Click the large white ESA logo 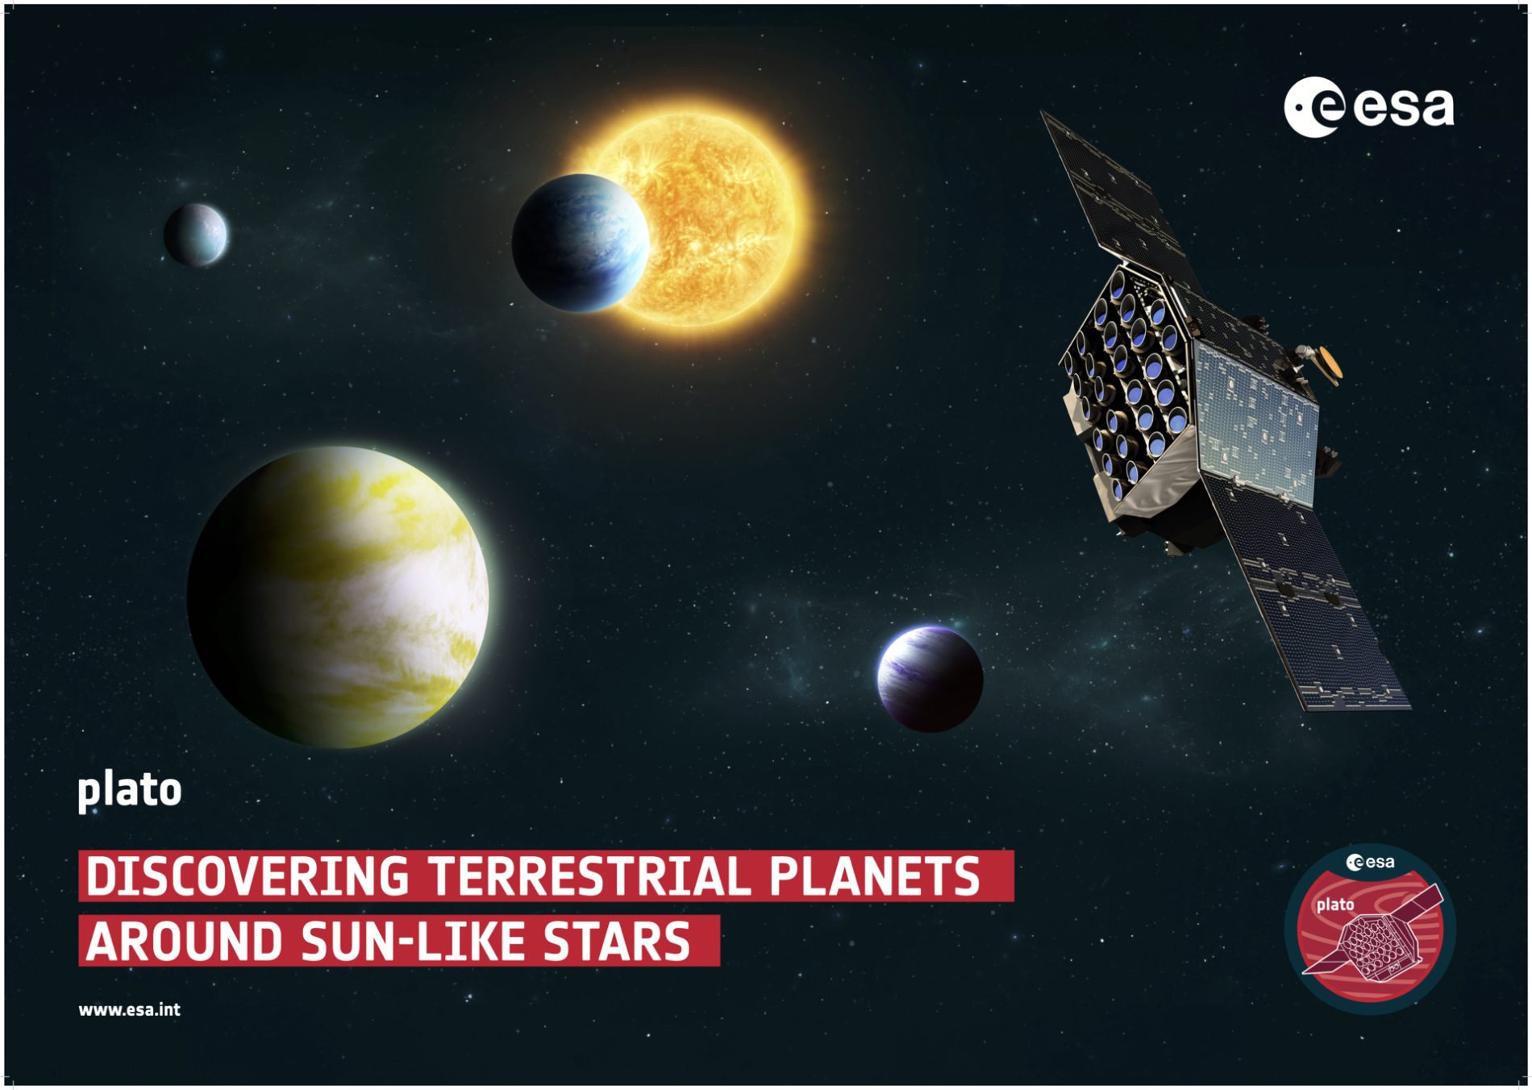[1368, 107]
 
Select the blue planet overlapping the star [580, 243]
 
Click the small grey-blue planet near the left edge [196, 235]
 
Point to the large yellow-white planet [338, 597]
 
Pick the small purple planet [930, 679]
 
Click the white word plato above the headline [130, 791]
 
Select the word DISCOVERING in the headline [248, 876]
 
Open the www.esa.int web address [130, 1009]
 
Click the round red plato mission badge [1370, 929]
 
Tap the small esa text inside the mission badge [1370, 862]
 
